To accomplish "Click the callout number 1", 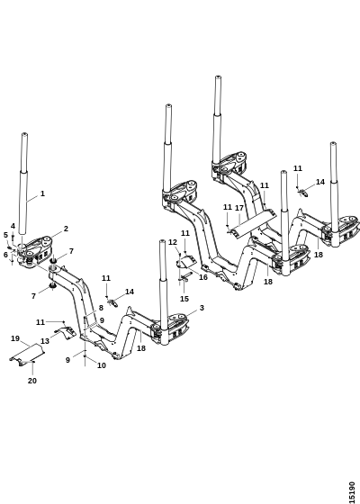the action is (x=42, y=193).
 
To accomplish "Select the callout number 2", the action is (x=66, y=229).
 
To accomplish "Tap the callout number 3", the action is (x=202, y=308).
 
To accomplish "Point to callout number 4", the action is (x=13, y=226).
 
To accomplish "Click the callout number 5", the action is (x=5, y=235).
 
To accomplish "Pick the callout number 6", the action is (x=5, y=255).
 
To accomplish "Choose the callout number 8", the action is (x=101, y=308).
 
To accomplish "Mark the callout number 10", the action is (x=101, y=365).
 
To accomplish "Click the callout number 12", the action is (x=173, y=242).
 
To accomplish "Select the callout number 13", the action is (x=45, y=341).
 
